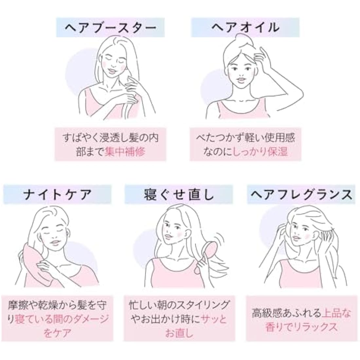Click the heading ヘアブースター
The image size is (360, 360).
point(110,27)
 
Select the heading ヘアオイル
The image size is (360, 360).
point(245,27)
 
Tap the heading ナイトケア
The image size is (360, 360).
point(57,195)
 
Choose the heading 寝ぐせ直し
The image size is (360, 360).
point(179,195)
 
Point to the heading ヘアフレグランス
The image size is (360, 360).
point(301,195)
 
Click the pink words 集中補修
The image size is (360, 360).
point(125,152)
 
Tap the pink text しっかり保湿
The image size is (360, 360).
point(261,152)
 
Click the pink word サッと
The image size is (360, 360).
point(214,319)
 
